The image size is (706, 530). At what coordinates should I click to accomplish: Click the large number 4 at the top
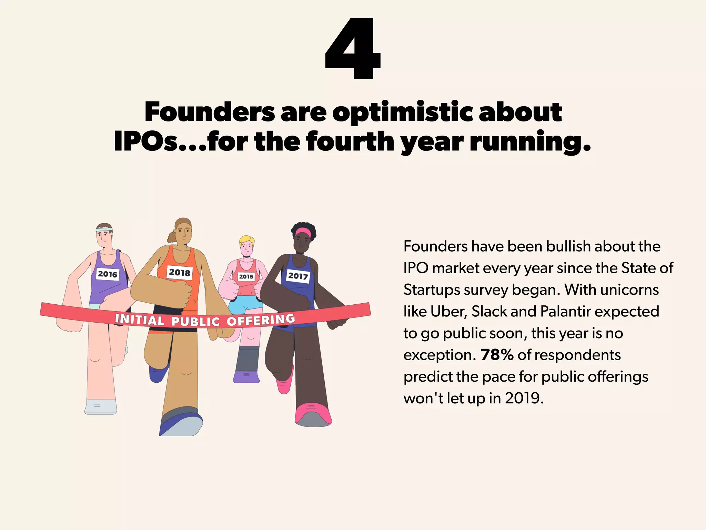tap(353, 49)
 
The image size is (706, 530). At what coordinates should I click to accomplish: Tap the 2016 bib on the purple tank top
tap(108, 274)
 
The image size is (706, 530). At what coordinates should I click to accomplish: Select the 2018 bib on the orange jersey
tap(180, 273)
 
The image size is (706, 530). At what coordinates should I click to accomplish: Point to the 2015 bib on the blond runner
tap(246, 276)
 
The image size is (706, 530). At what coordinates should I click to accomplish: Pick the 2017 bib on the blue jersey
tap(298, 276)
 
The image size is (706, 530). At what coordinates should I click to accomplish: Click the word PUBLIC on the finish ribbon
tap(195, 322)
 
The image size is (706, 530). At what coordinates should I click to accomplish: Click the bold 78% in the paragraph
tap(497, 355)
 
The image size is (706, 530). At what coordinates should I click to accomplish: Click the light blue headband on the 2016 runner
tap(104, 229)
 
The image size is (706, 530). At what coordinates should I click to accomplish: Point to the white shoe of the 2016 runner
tap(100, 406)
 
